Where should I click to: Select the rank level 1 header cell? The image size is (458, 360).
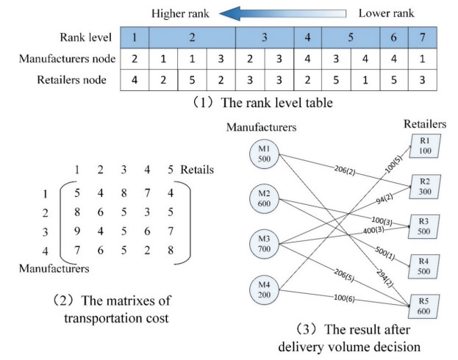[135, 36]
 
